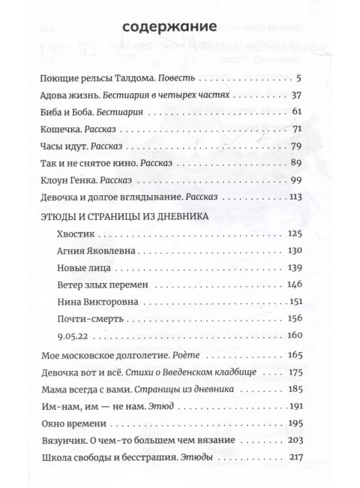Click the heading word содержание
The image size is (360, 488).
tap(168, 29)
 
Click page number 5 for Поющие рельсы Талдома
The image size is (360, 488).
tap(298, 79)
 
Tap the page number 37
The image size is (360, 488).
tap(295, 96)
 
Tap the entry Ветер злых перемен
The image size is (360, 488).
tap(103, 285)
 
